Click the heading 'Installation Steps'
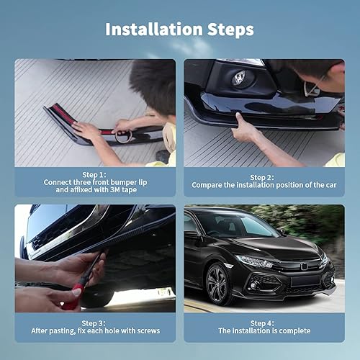coord(179,30)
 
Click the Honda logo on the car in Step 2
coord(238,78)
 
